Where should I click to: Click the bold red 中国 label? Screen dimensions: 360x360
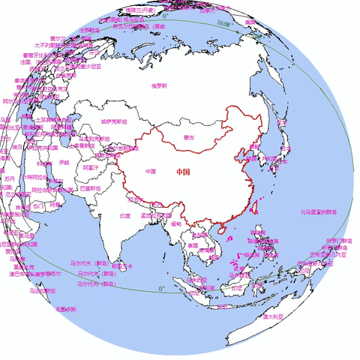pos(184,172)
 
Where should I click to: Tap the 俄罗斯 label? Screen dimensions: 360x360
pos(159,85)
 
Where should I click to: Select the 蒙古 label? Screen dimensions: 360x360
pos(188,137)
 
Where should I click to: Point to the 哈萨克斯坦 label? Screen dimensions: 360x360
pos(114,121)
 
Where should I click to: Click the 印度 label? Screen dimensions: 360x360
pos(125,215)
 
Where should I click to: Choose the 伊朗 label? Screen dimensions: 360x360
pos(63,162)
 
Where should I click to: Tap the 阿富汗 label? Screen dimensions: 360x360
pos(90,168)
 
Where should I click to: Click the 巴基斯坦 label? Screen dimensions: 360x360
pos(88,188)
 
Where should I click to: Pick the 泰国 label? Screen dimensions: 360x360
pos(193,245)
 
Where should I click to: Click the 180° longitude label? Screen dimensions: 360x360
pos(221,22)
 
